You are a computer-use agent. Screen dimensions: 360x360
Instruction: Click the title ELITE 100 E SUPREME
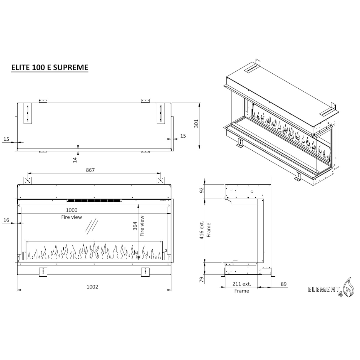[50, 67]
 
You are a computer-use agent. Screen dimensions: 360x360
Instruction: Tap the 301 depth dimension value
[196, 124]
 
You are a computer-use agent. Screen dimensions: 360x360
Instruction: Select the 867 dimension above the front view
[91, 170]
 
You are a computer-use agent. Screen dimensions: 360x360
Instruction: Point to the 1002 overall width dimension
[92, 287]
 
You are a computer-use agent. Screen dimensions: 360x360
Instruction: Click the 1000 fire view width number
[71, 210]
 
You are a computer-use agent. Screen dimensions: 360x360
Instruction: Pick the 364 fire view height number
[135, 226]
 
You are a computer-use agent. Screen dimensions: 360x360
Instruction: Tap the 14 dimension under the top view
[75, 160]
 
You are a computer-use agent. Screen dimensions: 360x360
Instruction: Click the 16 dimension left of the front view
[6, 220]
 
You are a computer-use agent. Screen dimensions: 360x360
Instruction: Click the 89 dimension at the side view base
[284, 284]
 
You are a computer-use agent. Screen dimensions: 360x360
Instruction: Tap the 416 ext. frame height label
[205, 230]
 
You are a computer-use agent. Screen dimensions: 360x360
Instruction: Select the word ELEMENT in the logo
[323, 290]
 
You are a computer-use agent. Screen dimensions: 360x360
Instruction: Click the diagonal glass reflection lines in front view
[92, 227]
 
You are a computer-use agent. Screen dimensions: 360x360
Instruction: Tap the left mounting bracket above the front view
[28, 180]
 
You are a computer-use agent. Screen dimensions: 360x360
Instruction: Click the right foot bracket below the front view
[145, 272]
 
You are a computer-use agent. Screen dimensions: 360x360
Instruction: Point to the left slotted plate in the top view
[27, 113]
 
